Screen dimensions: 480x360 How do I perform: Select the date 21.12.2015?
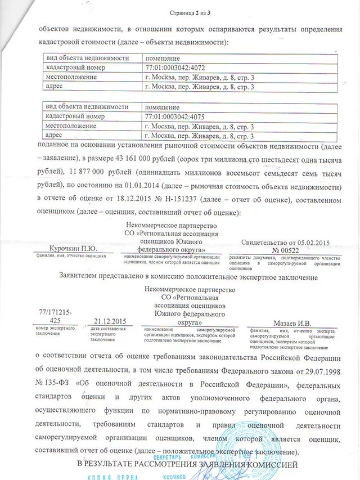click(109, 321)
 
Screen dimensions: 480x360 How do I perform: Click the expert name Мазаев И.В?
click(292, 324)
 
